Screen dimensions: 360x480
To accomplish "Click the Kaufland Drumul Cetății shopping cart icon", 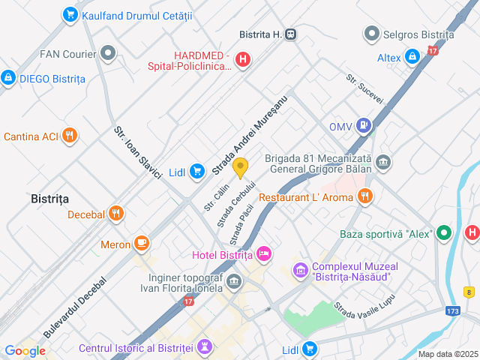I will click(x=70, y=14).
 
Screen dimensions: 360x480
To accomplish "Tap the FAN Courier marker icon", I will click(x=109, y=53).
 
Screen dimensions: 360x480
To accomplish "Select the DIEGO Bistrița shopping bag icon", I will click(x=8, y=77).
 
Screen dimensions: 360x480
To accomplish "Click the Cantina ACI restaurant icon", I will click(x=70, y=136).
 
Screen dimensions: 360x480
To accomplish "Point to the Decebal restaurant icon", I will click(x=115, y=214).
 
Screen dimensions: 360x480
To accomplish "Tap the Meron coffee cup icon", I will click(x=142, y=244).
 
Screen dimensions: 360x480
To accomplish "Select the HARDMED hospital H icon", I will click(x=243, y=61).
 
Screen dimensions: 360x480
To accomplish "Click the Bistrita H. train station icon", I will click(x=291, y=34).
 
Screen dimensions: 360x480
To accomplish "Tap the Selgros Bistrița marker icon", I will click(x=371, y=34).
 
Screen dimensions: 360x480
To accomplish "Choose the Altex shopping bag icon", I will click(x=412, y=57).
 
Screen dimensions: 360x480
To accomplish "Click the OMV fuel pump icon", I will click(x=364, y=126).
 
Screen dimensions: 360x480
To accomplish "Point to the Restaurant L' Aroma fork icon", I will click(x=364, y=196).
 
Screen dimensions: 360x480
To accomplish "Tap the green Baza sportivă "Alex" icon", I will click(x=445, y=233).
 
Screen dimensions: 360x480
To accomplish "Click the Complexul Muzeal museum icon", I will click(x=301, y=269).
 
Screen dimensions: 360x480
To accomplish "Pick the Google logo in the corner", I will click(x=25, y=350).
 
